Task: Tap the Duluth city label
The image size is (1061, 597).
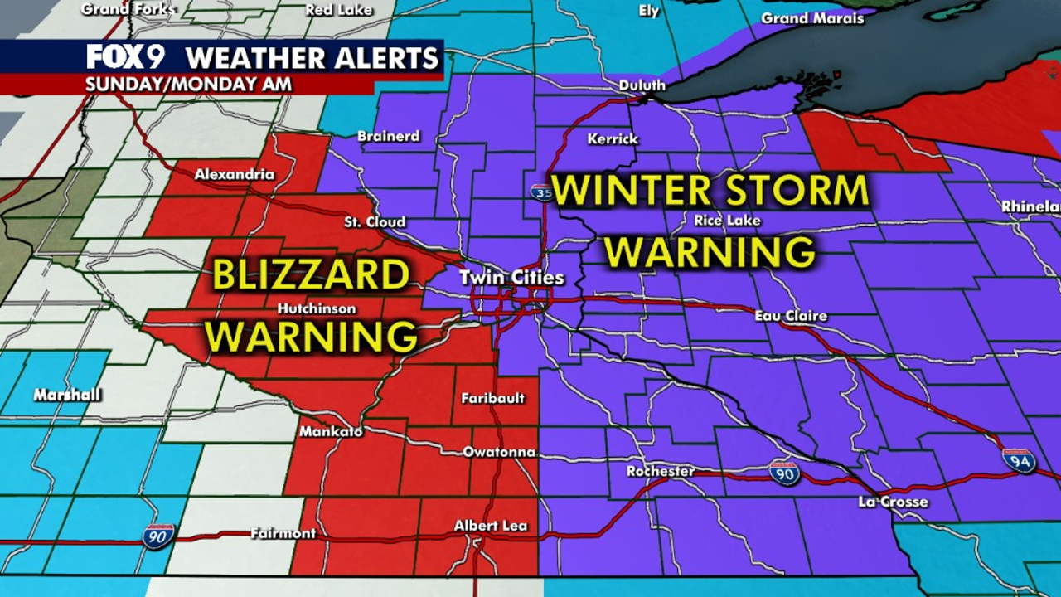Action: pyautogui.click(x=642, y=85)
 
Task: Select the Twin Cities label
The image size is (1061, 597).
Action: pyautogui.click(x=511, y=278)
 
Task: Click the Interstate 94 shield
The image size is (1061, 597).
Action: pyautogui.click(x=1018, y=461)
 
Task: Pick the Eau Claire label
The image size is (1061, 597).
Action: pyautogui.click(x=790, y=316)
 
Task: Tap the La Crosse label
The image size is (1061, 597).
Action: pyautogui.click(x=893, y=502)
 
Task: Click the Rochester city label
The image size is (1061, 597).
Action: pyautogui.click(x=661, y=471)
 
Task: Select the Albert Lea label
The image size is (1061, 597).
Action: pyautogui.click(x=490, y=526)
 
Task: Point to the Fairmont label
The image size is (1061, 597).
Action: pyautogui.click(x=283, y=533)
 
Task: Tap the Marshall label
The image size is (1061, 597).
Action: pyautogui.click(x=67, y=395)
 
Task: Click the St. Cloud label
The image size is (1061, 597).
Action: pyautogui.click(x=375, y=221)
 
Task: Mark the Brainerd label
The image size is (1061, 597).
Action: pyautogui.click(x=389, y=136)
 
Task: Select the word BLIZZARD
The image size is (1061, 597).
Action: pyautogui.click(x=312, y=275)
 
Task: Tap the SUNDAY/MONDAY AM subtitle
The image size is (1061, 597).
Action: pyautogui.click(x=187, y=84)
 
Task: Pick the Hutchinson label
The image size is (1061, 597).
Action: pyautogui.click(x=317, y=308)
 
